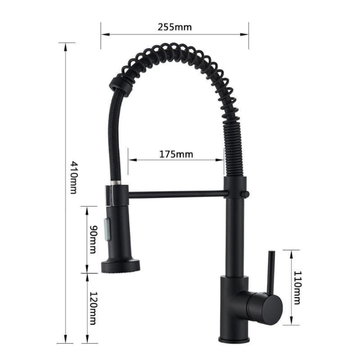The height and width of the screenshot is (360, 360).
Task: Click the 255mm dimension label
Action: (x=175, y=27)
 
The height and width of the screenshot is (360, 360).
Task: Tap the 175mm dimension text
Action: (x=176, y=154)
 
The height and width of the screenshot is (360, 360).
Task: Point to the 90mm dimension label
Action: (x=93, y=239)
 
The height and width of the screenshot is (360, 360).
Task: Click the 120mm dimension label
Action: (x=93, y=308)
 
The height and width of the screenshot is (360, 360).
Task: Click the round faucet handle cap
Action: (x=271, y=309)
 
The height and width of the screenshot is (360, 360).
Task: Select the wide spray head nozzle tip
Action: (x=120, y=266)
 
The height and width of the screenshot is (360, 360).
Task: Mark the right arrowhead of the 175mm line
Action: (x=222, y=160)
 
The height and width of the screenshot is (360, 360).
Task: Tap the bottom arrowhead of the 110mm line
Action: (x=291, y=322)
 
